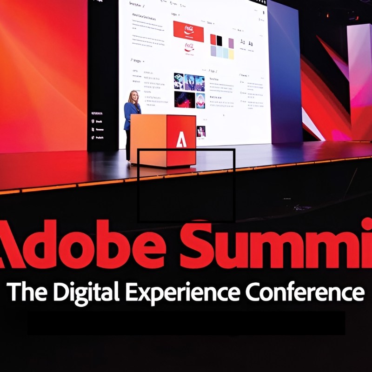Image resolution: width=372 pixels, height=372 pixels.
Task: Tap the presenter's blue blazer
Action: (132, 112)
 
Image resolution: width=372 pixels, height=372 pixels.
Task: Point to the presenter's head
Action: (134, 96)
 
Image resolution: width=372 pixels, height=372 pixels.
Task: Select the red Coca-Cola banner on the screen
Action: (188, 31)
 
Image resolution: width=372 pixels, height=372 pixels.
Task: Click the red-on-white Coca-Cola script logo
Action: (189, 47)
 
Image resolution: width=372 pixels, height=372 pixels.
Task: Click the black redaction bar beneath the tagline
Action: (186, 324)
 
